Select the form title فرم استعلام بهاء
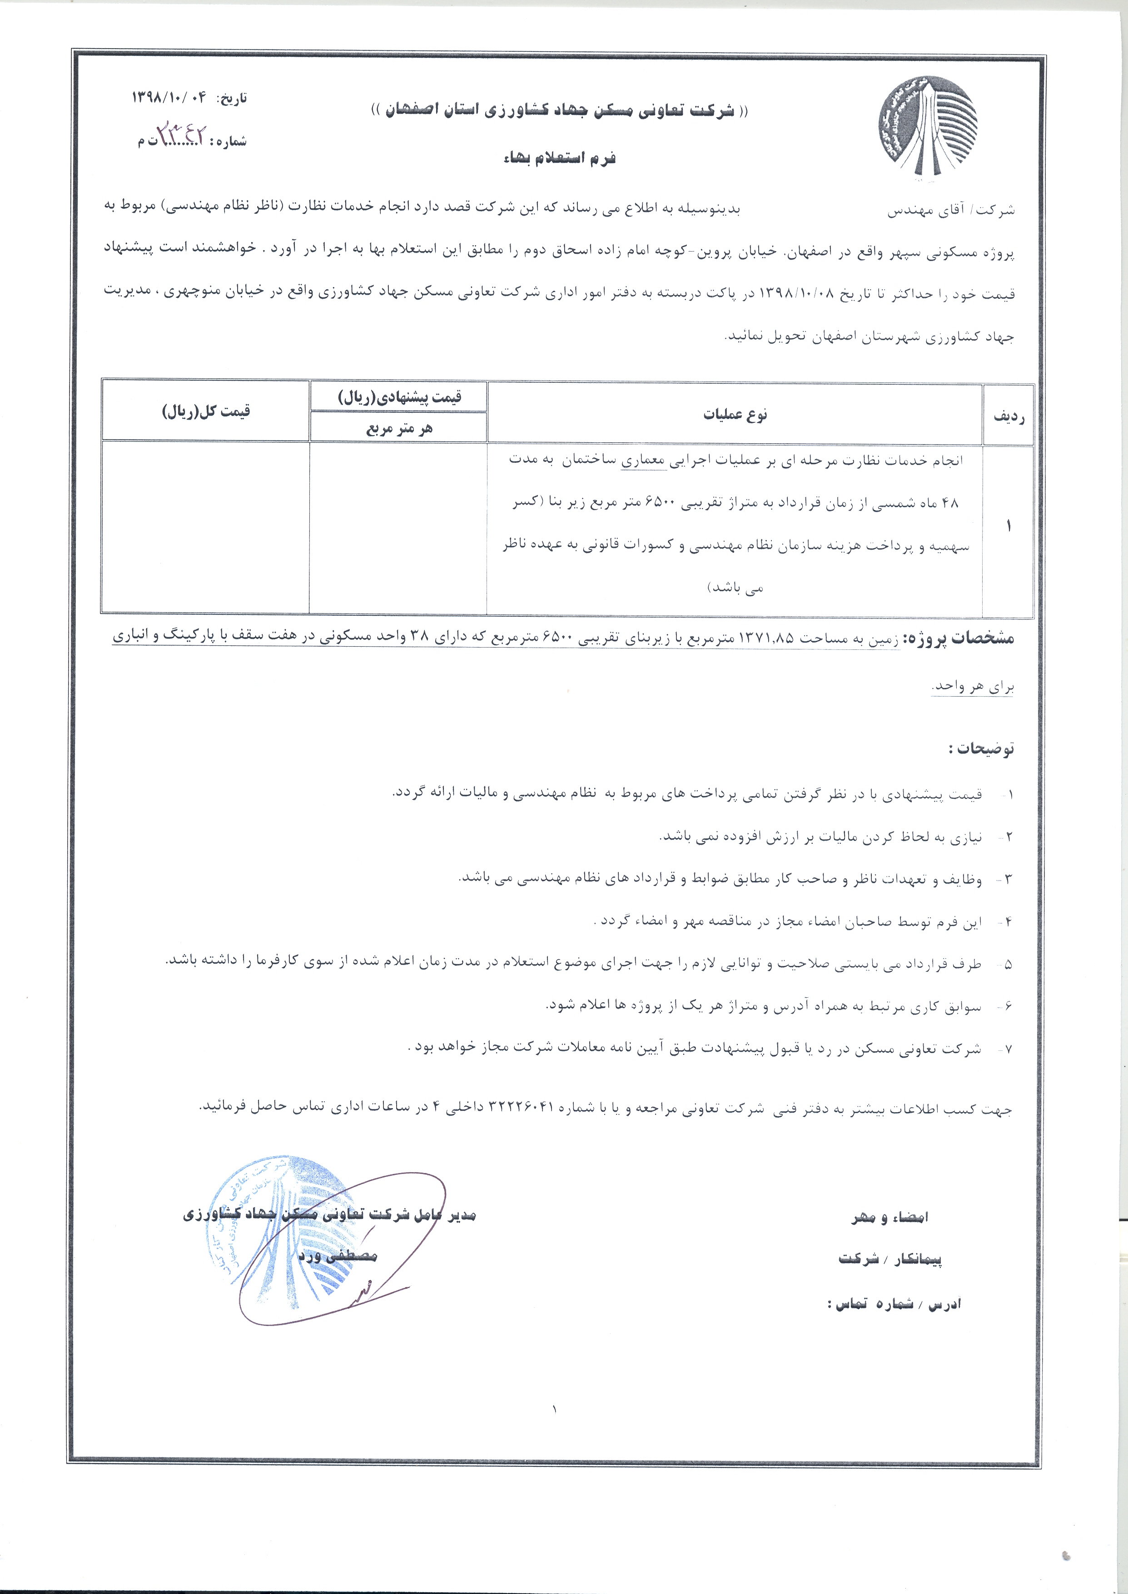560,159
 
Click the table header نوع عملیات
735,415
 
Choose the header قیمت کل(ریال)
206,411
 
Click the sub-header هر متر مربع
399,428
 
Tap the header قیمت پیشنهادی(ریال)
399,397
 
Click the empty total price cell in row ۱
206,528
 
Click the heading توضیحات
981,748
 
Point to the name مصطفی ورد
338,1256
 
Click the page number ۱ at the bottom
556,1409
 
